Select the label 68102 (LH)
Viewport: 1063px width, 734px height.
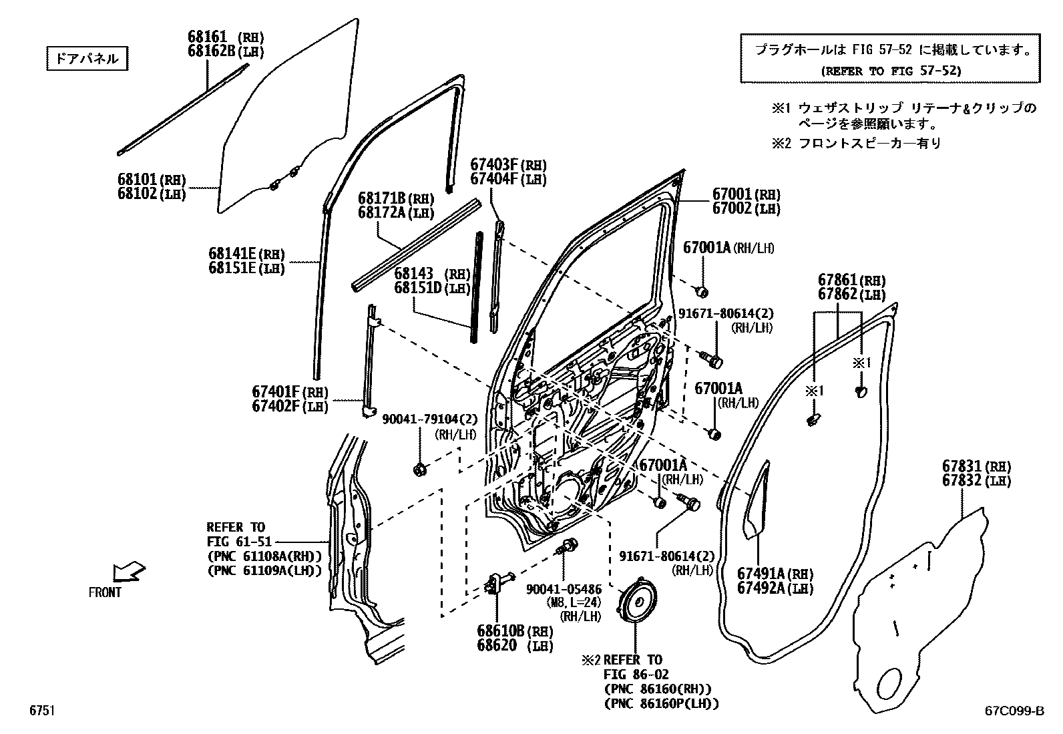click(152, 194)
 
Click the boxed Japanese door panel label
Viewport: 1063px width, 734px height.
click(87, 59)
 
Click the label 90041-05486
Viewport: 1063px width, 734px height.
click(564, 589)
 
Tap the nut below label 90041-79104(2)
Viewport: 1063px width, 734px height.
click(420, 470)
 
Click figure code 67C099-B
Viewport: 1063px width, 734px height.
click(1013, 712)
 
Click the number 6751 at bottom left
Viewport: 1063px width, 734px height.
click(41, 711)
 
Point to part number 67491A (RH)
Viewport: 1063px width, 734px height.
click(775, 573)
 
